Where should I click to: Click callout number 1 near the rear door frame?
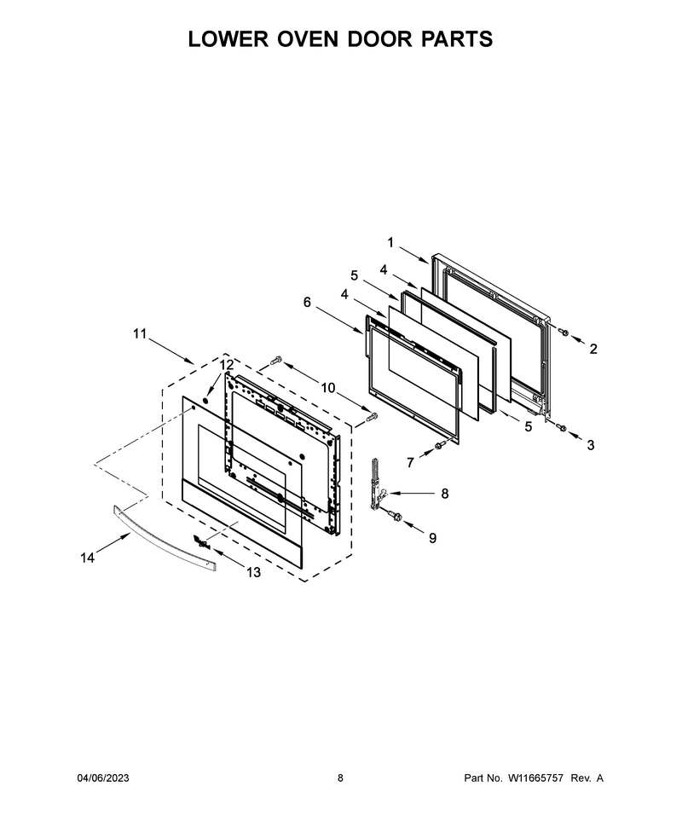pyautogui.click(x=390, y=243)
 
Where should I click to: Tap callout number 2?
pyautogui.click(x=593, y=349)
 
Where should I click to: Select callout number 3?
pyautogui.click(x=591, y=445)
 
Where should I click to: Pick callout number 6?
pyautogui.click(x=307, y=302)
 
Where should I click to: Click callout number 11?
pyautogui.click(x=139, y=334)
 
